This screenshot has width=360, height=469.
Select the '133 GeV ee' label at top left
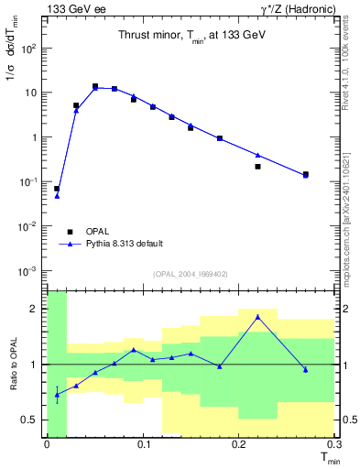pyautogui.click(x=72, y=8)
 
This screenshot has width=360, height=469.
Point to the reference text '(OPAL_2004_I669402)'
pyautogui.click(x=190, y=273)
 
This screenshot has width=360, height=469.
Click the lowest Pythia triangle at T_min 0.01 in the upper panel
pyautogui.click(x=57, y=196)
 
